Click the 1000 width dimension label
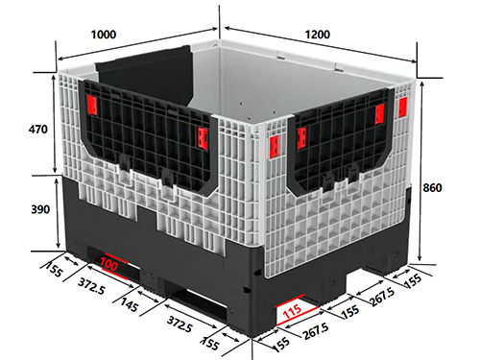(x=104, y=35)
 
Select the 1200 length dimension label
(x=317, y=35)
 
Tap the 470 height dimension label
(x=37, y=130)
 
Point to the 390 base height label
(x=40, y=209)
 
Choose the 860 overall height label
(x=432, y=187)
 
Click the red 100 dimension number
(x=108, y=264)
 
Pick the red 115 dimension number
(x=293, y=311)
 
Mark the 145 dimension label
(x=130, y=304)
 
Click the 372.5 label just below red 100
(x=91, y=286)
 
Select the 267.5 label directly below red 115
(x=316, y=331)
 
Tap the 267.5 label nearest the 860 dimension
(x=382, y=297)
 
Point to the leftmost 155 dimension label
(x=53, y=269)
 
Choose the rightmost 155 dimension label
(x=413, y=281)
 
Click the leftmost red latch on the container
(x=92, y=106)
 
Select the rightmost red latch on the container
(x=402, y=107)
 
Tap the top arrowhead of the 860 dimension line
(x=422, y=84)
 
